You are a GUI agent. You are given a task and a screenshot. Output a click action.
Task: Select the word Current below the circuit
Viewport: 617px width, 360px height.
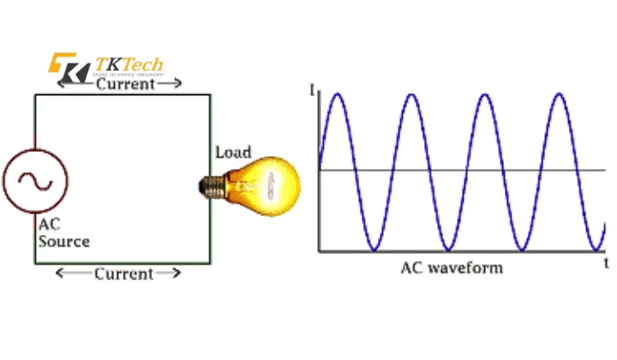pos(123,274)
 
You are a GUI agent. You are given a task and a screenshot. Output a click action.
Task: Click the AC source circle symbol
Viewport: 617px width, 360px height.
pos(35,181)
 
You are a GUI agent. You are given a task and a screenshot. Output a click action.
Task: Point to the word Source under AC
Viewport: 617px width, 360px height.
pos(63,242)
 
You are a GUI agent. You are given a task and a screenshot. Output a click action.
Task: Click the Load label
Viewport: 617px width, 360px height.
pos(232,153)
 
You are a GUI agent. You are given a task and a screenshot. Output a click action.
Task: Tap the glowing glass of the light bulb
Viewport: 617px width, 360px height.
pos(271,182)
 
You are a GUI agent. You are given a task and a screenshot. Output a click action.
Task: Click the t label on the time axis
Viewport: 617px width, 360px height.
pos(606,261)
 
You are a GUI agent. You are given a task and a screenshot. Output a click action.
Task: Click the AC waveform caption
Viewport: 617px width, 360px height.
pos(452,267)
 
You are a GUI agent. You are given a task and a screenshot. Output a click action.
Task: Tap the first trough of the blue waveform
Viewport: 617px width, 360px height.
pos(374,250)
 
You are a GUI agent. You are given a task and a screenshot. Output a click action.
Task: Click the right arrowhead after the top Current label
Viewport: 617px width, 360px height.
pos(177,84)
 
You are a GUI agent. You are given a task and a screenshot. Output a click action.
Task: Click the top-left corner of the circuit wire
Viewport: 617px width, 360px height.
pos(35,94)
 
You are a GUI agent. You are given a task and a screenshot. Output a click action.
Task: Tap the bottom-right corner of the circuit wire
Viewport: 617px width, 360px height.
pos(212,262)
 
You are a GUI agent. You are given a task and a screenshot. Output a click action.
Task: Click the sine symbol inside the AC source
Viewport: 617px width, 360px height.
pos(35,181)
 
